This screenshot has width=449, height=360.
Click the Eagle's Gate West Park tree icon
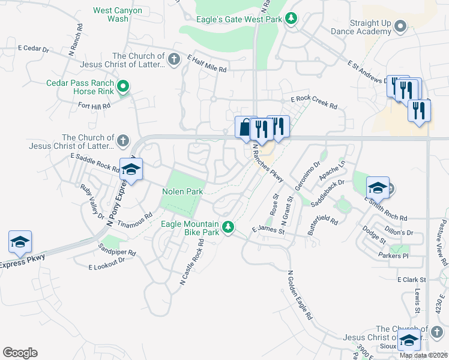291,19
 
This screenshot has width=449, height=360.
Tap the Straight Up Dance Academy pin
401,26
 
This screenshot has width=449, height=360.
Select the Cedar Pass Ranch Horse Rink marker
123,87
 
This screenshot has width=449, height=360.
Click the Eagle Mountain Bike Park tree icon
228,227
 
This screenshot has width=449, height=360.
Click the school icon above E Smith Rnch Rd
377,188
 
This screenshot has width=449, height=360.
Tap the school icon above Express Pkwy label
19,242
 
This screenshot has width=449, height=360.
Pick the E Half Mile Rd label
206,64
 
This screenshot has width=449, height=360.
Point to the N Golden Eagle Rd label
301,295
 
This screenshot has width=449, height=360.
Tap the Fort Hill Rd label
95,106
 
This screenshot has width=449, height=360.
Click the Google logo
20,353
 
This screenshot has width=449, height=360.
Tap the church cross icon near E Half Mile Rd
174,59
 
